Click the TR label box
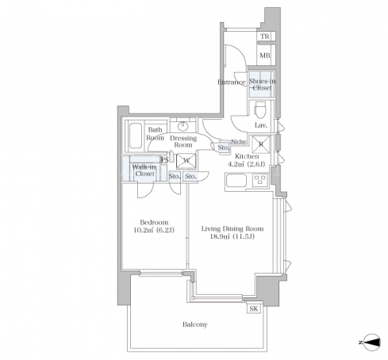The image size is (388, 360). pyautogui.click(x=266, y=36)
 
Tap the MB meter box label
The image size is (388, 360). pyautogui.click(x=265, y=56)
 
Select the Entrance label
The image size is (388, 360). pyautogui.click(x=232, y=82)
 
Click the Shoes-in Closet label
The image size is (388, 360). pyautogui.click(x=262, y=85)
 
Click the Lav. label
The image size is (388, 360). pyautogui.click(x=261, y=125)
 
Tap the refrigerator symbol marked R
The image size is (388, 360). pyautogui.click(x=261, y=144)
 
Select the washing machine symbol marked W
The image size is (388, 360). pyautogui.click(x=186, y=161)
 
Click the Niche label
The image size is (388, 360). pyautogui.click(x=239, y=142)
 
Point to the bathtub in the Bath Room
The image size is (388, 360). pyautogui.click(x=136, y=136)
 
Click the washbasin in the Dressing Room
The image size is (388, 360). pyautogui.click(x=182, y=126)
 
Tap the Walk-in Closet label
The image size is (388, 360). pyautogui.click(x=144, y=170)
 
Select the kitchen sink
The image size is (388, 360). pyautogui.click(x=236, y=181)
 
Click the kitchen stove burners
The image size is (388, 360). pyautogui.click(x=260, y=181)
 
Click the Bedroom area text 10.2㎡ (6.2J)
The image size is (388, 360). pyautogui.click(x=154, y=230)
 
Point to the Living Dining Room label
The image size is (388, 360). pyautogui.click(x=232, y=228)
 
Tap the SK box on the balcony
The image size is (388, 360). pyautogui.click(x=254, y=308)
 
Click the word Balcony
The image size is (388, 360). pyautogui.click(x=195, y=324)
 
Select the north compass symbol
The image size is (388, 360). pyautogui.click(x=372, y=343)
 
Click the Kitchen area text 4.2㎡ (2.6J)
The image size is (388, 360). pyautogui.click(x=247, y=164)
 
